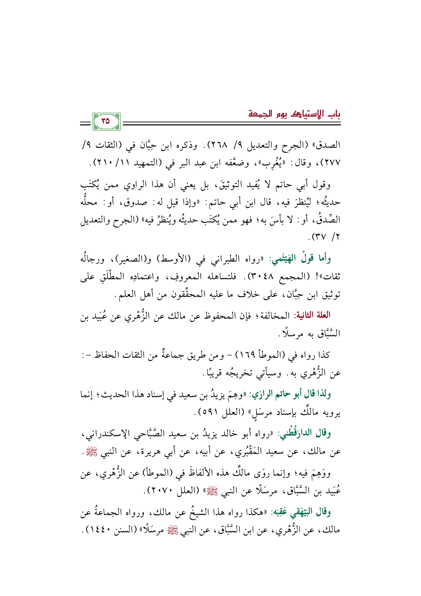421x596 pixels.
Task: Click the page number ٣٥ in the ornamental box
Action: tap(106, 121)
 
